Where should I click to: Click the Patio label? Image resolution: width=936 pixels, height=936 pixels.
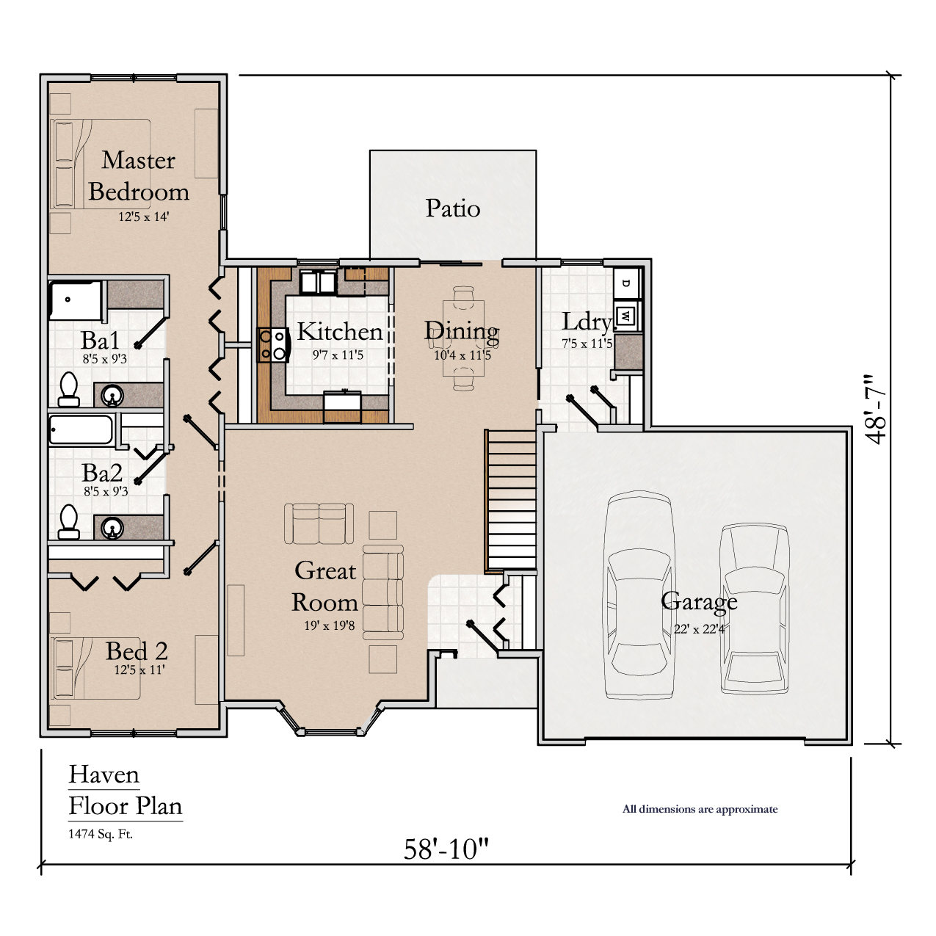453,208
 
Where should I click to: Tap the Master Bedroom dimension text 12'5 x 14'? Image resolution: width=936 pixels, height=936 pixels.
144,217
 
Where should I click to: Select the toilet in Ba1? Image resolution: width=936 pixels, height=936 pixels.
69,389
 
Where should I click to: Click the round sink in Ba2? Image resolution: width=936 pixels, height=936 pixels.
112,527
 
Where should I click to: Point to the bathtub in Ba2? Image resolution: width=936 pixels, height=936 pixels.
81,429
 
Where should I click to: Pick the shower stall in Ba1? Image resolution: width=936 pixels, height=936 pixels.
76,300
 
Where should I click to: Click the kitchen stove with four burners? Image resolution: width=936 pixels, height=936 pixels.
272,345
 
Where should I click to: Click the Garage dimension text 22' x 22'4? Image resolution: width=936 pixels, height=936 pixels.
699,629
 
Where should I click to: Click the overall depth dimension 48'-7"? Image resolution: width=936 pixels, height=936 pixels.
877,409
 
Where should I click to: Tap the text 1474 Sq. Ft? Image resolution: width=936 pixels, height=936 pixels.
101,834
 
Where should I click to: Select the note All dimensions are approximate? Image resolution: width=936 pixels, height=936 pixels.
700,809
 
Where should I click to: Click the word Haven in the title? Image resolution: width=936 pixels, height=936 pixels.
104,774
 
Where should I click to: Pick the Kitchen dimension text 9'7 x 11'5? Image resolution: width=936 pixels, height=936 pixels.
338,355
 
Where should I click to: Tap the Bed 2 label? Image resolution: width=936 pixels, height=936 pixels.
137,651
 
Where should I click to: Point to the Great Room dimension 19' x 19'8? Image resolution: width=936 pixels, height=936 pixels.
330,625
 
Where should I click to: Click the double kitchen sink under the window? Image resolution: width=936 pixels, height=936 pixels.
318,282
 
